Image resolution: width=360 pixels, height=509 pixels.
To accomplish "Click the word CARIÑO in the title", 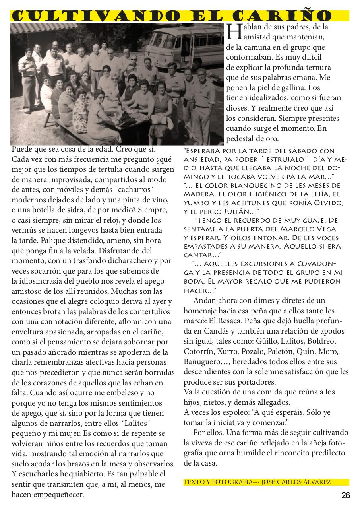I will tap(292, 16).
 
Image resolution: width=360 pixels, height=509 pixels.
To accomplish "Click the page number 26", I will tap(345, 495).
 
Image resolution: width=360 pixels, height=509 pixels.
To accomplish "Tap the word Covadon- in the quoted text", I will tap(320, 264).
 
